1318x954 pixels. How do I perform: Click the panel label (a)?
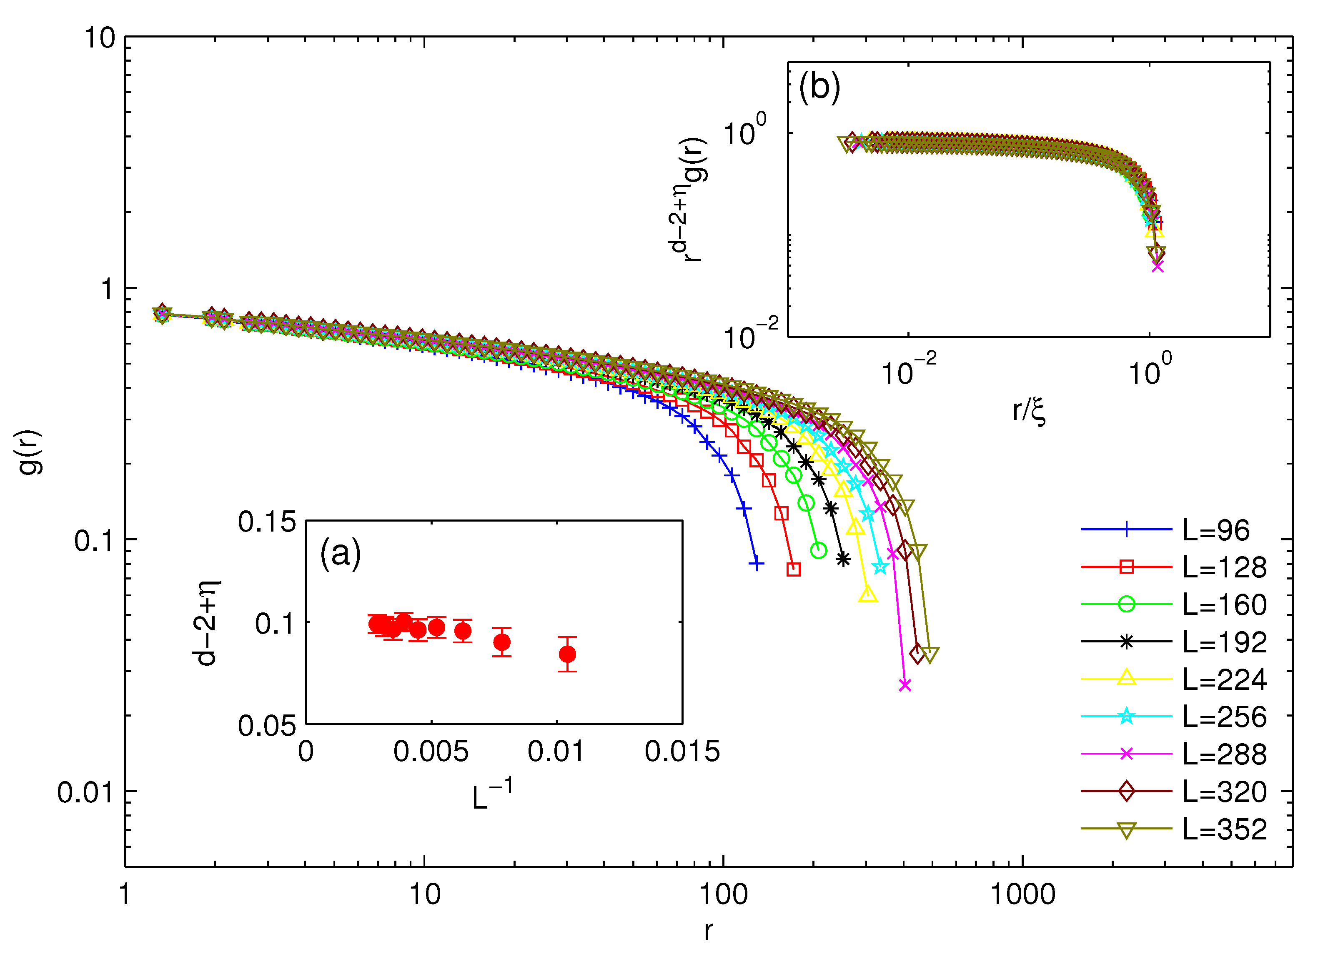[x=341, y=553]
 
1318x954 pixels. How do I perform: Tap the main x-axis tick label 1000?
[x=1023, y=895]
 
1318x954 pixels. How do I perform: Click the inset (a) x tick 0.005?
[x=431, y=752]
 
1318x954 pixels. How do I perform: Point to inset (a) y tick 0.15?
[x=267, y=522]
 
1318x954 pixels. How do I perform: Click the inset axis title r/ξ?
[x=1029, y=412]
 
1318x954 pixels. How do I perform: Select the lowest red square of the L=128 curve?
[x=793, y=569]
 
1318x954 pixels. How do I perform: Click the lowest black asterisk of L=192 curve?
[x=843, y=559]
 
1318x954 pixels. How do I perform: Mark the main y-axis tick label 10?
[x=100, y=38]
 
